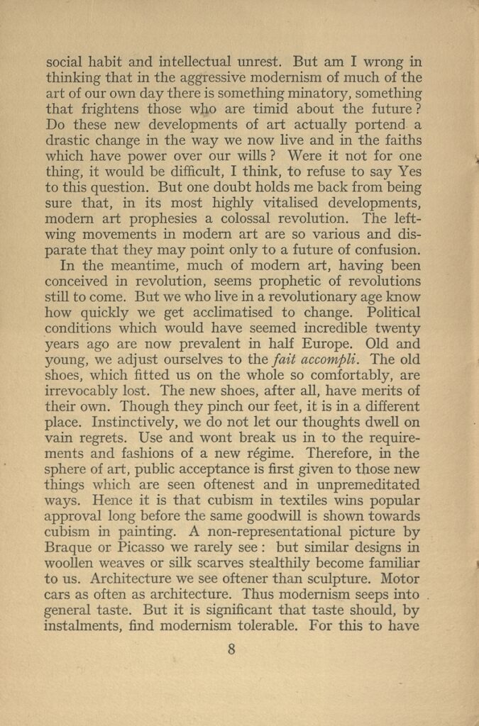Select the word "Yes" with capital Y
[409, 172]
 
